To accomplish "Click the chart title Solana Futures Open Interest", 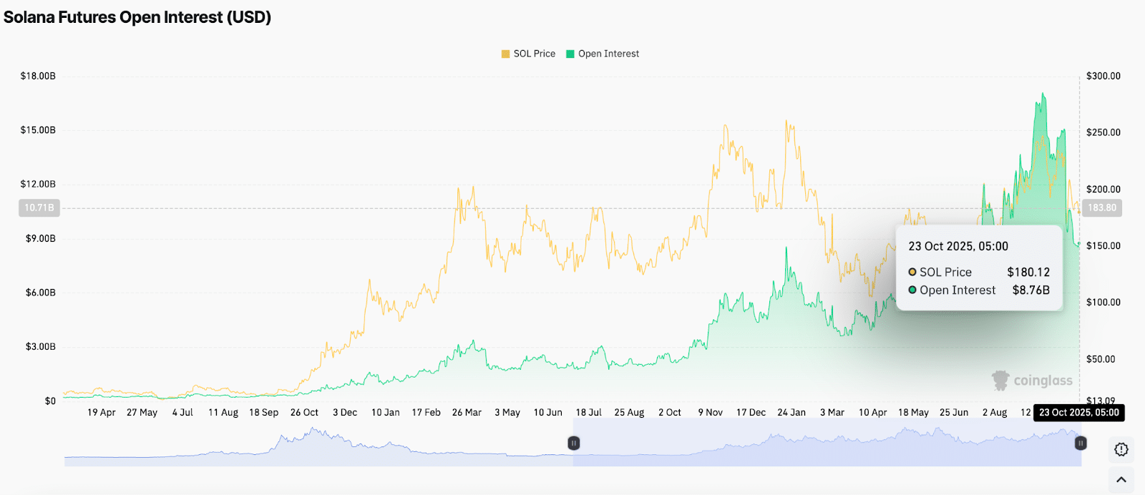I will (x=137, y=17).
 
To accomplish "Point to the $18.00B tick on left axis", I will (x=38, y=76).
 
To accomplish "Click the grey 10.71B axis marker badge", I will (x=39, y=208).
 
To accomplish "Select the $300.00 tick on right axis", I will (x=1103, y=76).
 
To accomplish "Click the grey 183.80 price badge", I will (x=1101, y=208).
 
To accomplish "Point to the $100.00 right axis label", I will (x=1103, y=303).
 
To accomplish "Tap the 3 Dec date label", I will (x=345, y=413).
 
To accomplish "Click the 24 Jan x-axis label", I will (x=791, y=413).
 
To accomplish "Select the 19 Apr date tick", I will (x=101, y=413).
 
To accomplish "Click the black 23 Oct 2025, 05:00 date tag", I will (x=1078, y=413).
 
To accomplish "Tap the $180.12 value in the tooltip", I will (x=1028, y=273).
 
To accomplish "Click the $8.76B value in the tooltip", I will (x=1030, y=290).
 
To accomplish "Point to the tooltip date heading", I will (x=958, y=246).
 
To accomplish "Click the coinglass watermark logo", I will (x=1032, y=381).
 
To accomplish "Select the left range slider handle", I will (x=573, y=443).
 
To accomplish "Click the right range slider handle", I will (x=1081, y=443).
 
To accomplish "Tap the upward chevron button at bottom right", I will (x=1121, y=480).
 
